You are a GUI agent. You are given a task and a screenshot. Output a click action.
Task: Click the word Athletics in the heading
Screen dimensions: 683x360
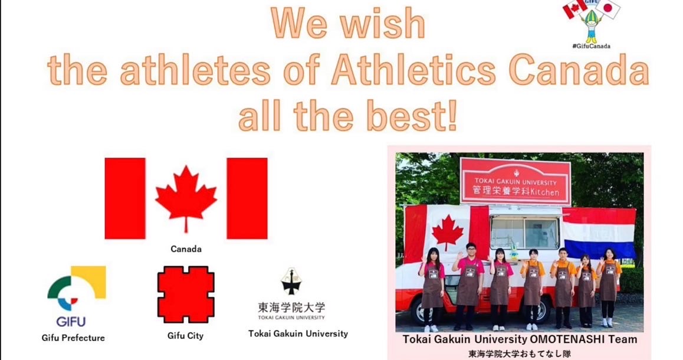(413, 70)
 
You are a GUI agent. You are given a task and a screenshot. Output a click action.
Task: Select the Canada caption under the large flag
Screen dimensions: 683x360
(186, 249)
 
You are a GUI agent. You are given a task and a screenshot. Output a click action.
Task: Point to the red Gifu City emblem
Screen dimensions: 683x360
(186, 294)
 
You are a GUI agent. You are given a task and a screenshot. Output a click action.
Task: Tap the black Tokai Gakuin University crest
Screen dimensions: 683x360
(291, 282)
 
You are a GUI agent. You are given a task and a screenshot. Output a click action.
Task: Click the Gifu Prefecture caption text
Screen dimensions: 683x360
(73, 338)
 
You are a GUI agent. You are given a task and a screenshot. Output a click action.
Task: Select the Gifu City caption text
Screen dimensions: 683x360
(186, 336)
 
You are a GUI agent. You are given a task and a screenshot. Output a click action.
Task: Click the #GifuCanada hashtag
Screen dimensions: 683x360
(591, 46)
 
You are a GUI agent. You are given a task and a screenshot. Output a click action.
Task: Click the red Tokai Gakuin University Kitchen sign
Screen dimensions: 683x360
(515, 181)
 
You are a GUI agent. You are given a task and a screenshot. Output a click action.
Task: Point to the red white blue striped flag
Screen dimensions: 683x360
(599, 233)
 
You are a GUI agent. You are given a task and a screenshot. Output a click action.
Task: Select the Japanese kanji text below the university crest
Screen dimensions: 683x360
(291, 307)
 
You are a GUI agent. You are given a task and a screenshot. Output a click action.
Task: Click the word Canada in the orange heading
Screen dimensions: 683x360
(579, 70)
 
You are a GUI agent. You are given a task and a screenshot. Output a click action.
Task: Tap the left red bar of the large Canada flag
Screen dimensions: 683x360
(125, 198)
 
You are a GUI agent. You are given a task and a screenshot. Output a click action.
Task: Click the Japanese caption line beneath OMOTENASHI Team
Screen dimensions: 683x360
(519, 354)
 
